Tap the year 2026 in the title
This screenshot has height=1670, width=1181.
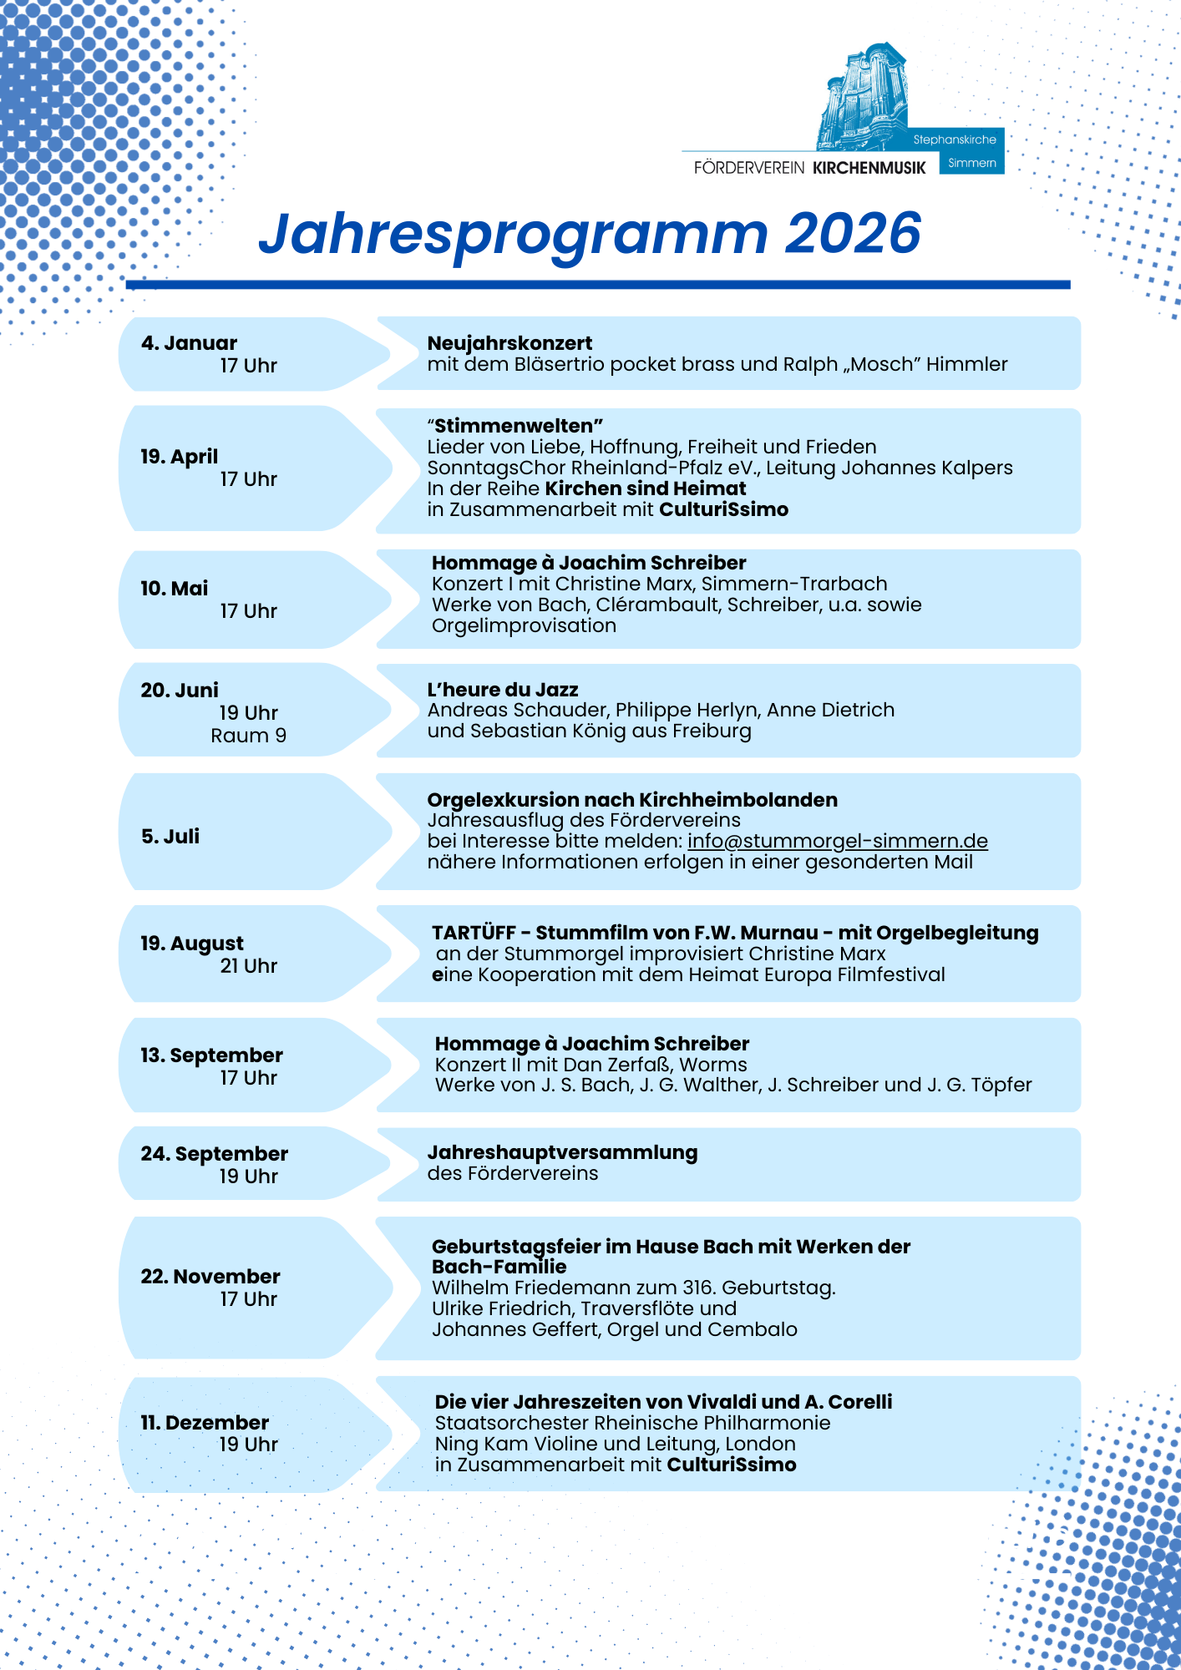point(853,233)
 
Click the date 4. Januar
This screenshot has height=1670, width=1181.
point(189,343)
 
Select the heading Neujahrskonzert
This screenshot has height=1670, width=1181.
point(509,343)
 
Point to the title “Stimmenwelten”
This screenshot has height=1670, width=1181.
point(515,426)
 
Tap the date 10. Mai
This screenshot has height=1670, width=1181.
point(174,589)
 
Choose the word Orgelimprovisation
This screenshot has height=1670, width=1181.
point(524,625)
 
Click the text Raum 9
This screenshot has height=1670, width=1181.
point(248,736)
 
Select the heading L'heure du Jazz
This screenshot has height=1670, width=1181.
point(503,690)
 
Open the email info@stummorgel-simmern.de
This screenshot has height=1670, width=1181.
point(837,841)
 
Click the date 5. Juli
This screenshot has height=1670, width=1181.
point(170,837)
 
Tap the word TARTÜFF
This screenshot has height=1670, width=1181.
point(474,933)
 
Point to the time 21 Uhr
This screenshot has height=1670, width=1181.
point(248,966)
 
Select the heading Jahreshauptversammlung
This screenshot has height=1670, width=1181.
point(562,1152)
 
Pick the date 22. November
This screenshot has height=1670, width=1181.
point(210,1277)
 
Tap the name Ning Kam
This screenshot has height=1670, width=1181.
point(471,1444)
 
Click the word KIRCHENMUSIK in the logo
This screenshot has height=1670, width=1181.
point(869,168)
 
